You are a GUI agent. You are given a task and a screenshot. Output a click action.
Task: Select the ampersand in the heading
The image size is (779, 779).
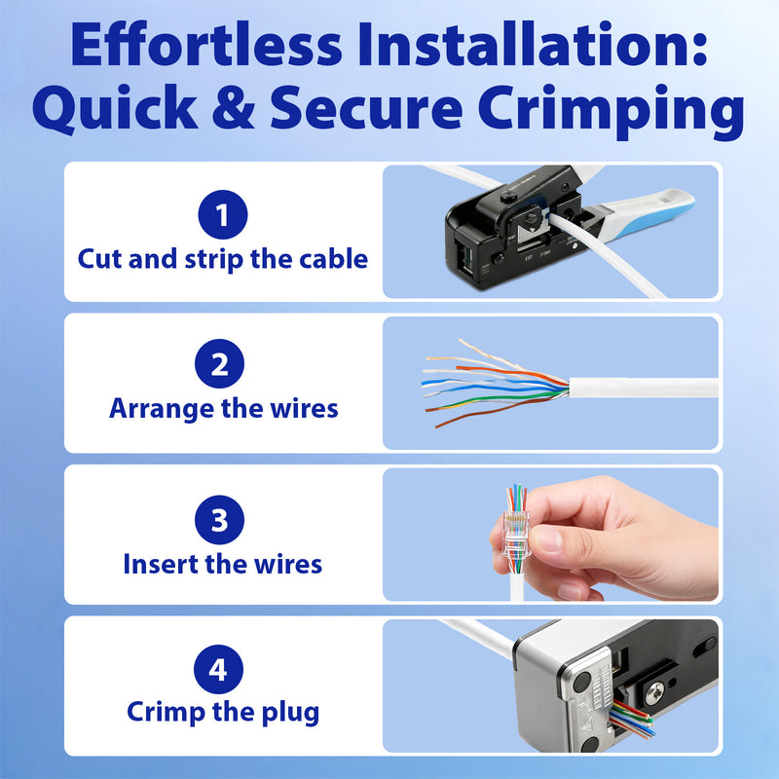point(237,112)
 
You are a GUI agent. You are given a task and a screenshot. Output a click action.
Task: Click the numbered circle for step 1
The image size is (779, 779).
point(223,214)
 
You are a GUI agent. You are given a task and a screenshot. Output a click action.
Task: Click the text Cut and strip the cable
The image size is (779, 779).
point(223,260)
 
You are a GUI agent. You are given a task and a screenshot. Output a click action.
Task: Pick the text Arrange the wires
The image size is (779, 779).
point(223,408)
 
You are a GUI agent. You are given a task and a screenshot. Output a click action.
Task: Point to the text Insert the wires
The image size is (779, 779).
point(222,563)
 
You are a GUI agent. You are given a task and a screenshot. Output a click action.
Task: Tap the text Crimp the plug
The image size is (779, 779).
point(223,712)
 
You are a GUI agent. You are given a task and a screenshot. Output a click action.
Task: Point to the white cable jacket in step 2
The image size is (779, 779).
point(643,387)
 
